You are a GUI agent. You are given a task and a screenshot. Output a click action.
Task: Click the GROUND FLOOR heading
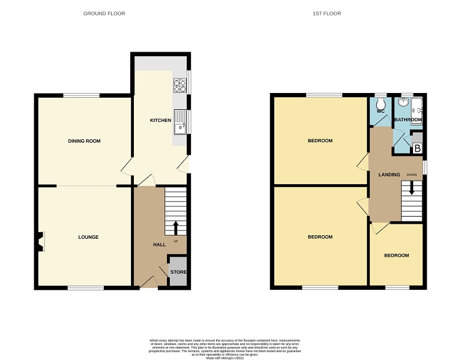pos(104,13)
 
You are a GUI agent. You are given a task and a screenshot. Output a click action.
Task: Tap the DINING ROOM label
pos(84,141)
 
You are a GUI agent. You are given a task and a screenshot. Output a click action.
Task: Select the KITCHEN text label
pos(160,121)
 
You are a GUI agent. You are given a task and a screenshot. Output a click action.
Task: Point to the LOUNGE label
pos(88,237)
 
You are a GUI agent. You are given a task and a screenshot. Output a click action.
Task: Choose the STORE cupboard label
pos(178,272)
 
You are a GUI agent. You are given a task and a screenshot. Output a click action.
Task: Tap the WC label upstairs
pos(380,112)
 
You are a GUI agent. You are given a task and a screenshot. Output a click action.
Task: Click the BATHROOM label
pos(408,120)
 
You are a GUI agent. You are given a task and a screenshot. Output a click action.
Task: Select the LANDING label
pos(389,175)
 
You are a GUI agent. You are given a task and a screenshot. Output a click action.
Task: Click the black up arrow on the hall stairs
pos(175,227)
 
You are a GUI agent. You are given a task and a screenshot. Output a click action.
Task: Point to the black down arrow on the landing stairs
pos(412,188)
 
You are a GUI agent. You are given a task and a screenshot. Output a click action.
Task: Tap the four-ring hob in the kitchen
pos(180,86)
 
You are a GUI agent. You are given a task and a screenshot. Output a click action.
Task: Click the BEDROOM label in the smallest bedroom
pos(396,256)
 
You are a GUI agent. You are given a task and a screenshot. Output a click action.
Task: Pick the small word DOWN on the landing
pos(411,175)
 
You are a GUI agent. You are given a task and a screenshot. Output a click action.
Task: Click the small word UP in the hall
pos(176,242)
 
